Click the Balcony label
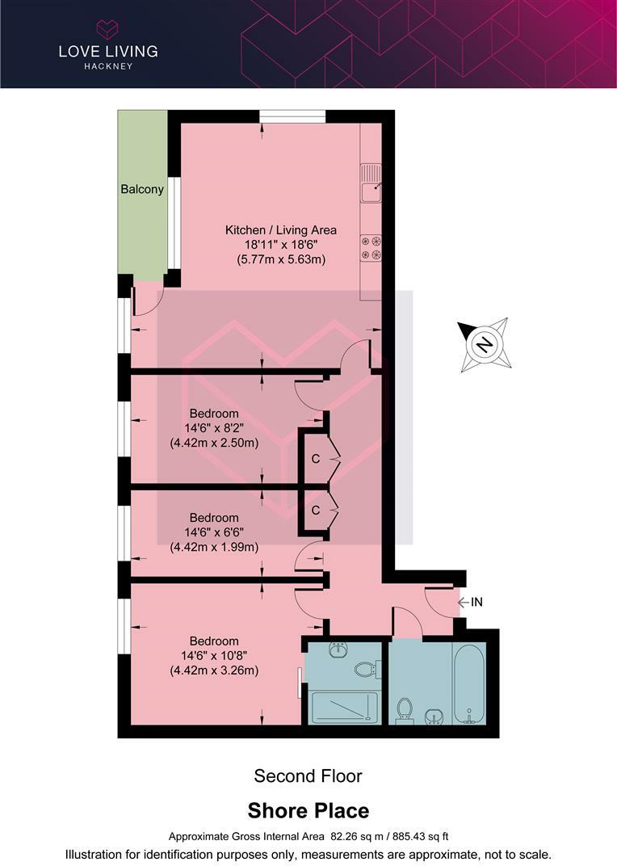142,190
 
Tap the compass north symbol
484,345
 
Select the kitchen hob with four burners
371,247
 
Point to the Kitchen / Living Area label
280,230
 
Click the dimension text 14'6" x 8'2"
214,428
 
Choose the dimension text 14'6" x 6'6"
214,532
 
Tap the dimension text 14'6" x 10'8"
214,656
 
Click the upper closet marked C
316,459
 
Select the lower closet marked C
316,510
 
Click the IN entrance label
476,602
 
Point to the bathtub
468,683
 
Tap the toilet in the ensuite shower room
365,668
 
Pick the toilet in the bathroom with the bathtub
405,710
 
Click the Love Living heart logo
107,30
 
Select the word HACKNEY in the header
107,66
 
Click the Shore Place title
308,810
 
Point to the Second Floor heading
308,776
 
